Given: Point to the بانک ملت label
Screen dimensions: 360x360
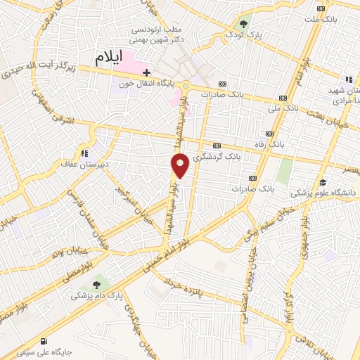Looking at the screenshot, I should (x=341, y=18).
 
